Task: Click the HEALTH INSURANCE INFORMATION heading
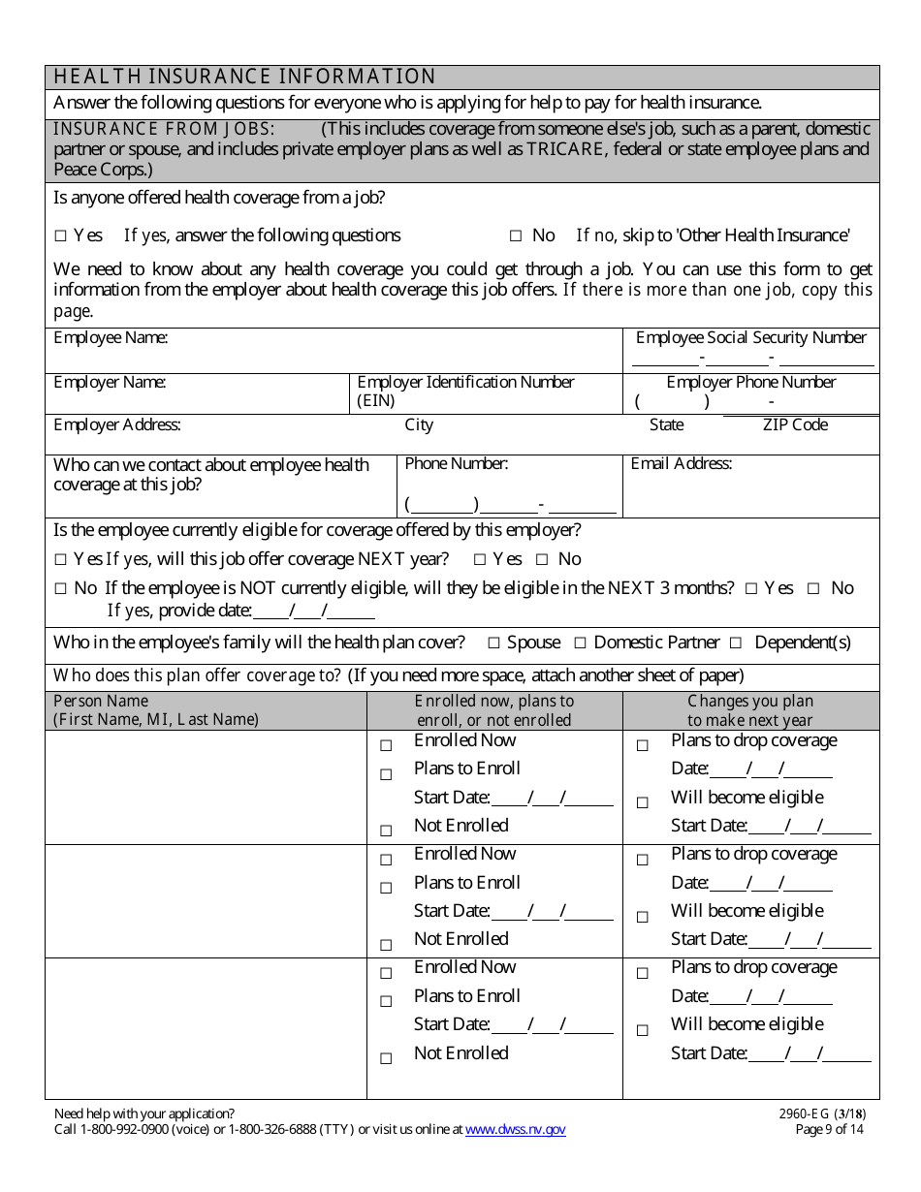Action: [244, 77]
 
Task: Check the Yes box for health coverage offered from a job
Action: [61, 235]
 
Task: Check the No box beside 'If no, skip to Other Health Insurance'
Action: [516, 235]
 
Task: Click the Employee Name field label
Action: [111, 337]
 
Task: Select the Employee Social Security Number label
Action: [750, 337]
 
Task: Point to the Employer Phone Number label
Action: [750, 382]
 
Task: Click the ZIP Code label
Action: [795, 424]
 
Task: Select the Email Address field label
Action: [681, 463]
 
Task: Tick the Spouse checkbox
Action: [493, 643]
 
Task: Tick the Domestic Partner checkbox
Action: [580, 643]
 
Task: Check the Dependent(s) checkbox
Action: [736, 643]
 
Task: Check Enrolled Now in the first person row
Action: [386, 745]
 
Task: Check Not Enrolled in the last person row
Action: [386, 1058]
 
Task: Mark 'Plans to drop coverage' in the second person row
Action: [642, 860]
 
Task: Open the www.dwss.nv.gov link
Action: [515, 1129]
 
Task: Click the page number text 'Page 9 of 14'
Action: [829, 1129]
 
